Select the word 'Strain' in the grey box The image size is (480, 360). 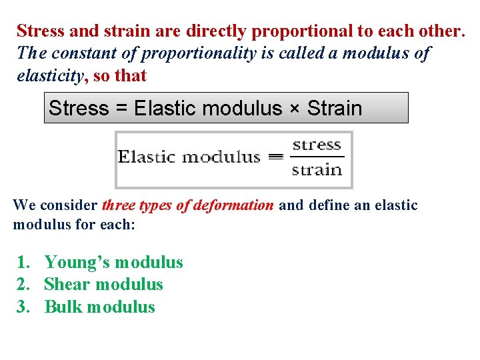[334, 108]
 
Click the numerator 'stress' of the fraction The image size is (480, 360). [317, 145]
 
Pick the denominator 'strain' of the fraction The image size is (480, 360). [317, 169]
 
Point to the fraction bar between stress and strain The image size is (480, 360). [317, 157]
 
